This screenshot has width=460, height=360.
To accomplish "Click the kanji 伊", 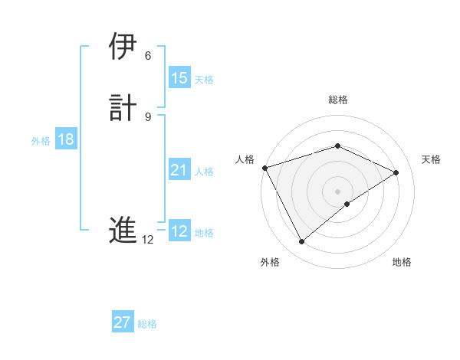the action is (x=123, y=47).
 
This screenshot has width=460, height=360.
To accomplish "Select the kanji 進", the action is (x=123, y=231).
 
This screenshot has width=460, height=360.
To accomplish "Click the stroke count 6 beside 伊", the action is (x=148, y=56).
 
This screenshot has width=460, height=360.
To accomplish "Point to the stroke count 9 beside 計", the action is (x=148, y=116).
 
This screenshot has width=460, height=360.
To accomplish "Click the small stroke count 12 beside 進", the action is (x=148, y=240).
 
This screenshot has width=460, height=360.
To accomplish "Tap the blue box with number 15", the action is (x=179, y=78).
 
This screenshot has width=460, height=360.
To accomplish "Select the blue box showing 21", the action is (x=179, y=170).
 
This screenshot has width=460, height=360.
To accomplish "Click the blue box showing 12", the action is (x=179, y=232).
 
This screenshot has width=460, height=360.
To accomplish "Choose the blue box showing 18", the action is (x=65, y=139).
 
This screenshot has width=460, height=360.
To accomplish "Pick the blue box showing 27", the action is (x=123, y=322).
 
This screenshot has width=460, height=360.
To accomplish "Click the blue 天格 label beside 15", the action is (x=204, y=79).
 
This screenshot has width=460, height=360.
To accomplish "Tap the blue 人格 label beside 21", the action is (x=204, y=172).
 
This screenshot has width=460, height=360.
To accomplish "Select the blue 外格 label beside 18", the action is (x=41, y=140).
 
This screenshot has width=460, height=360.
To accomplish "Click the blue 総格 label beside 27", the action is (x=147, y=324).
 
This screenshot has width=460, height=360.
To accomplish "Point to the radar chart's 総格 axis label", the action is (x=338, y=100).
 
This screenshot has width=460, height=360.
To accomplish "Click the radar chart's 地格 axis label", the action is (x=402, y=262).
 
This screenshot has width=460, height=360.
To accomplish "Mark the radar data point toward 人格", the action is (x=264, y=167).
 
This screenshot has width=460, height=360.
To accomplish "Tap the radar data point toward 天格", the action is (x=396, y=172).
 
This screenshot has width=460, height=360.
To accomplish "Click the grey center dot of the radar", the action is (x=338, y=191).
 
